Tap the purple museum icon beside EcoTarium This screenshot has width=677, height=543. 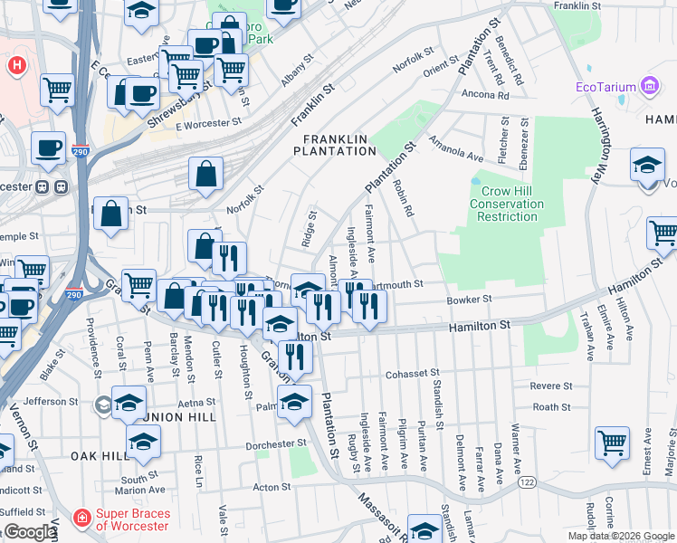tap(649, 87)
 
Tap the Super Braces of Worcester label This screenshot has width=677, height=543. tap(139, 519)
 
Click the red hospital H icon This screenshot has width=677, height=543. tap(15, 66)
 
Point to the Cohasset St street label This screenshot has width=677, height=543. tap(412, 372)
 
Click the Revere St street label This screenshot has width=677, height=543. tap(551, 386)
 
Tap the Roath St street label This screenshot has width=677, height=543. tap(551, 407)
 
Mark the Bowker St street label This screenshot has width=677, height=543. tap(469, 299)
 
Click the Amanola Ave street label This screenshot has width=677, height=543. tap(457, 150)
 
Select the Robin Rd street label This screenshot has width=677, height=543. tap(403, 198)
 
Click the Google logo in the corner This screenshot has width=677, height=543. tap(30, 532)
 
